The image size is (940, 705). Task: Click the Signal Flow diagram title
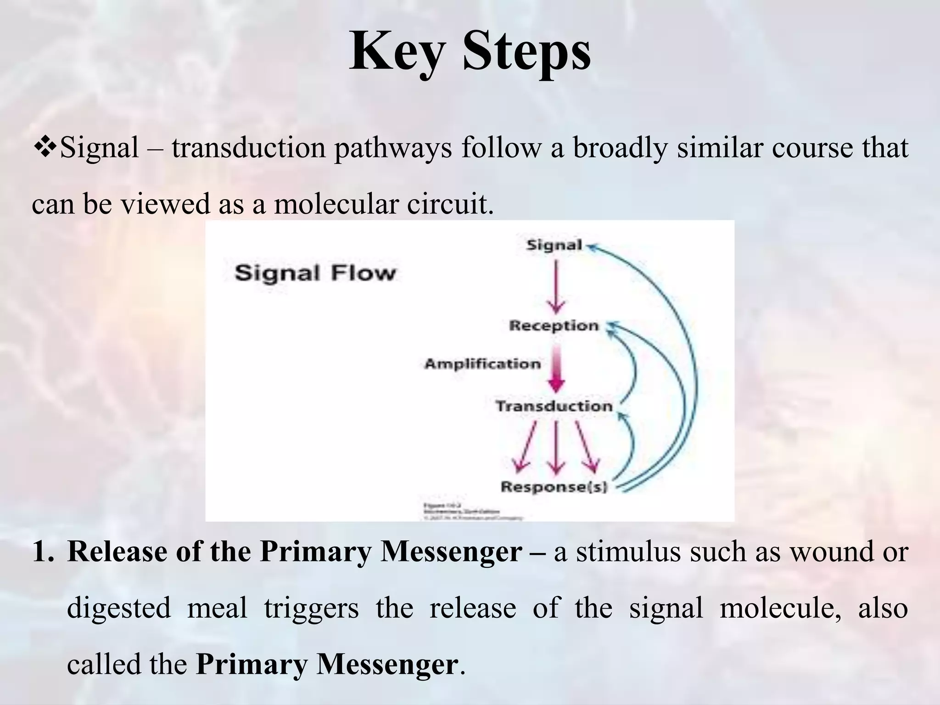pos(315,274)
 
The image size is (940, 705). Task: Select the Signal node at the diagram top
pos(554,245)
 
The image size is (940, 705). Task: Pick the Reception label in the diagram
pos(554,326)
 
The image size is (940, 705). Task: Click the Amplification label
pos(482,364)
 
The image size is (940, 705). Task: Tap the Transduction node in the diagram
pos(554,406)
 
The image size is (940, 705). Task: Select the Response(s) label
pos(554,487)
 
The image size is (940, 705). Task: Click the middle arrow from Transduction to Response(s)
pos(556,448)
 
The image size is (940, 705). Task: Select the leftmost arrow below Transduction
pos(526,448)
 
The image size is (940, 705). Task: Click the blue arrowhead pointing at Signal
pos(593,247)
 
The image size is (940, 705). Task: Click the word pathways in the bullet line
pos(393,148)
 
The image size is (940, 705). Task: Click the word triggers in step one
pos(311,608)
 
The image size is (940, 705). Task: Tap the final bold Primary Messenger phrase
pos(327,664)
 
